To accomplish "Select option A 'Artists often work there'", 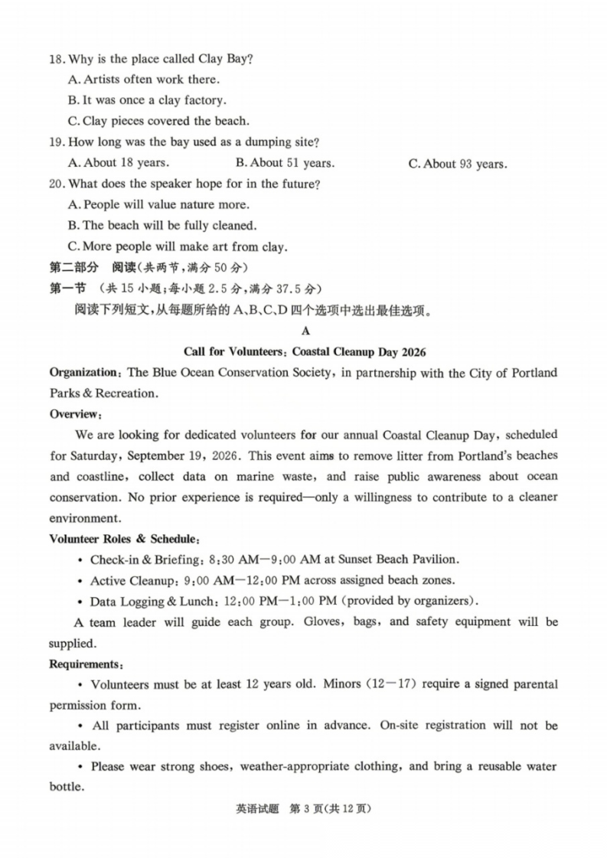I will coord(144,80).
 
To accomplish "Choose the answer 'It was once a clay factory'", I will coord(147,100).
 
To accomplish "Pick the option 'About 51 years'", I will coord(285,163).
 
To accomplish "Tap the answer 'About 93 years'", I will coord(457,164).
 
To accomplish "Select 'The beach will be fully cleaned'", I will coord(162,226).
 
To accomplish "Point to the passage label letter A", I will coord(305,331).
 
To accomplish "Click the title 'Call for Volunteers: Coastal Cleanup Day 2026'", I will coord(305,352).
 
